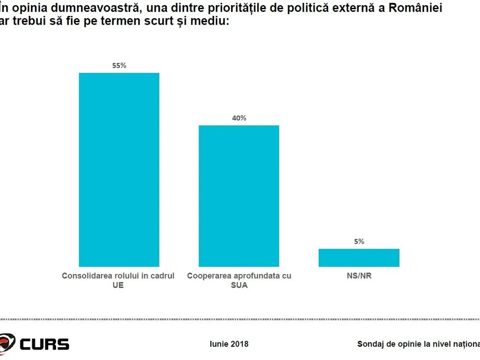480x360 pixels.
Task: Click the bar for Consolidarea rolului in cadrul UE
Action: coord(119,170)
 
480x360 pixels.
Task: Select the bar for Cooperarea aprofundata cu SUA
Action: coord(239,196)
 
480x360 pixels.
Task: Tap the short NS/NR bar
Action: coord(359,258)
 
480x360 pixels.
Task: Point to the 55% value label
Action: coord(119,66)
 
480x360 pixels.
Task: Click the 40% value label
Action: coord(239,118)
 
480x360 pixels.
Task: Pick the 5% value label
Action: coord(359,242)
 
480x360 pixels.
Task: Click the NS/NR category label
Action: coord(359,276)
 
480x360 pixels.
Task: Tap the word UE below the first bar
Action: coord(118,286)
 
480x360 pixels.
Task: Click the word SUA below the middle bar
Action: coord(239,286)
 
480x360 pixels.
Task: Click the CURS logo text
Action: coord(44,344)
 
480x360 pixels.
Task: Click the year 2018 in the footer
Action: coord(239,344)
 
